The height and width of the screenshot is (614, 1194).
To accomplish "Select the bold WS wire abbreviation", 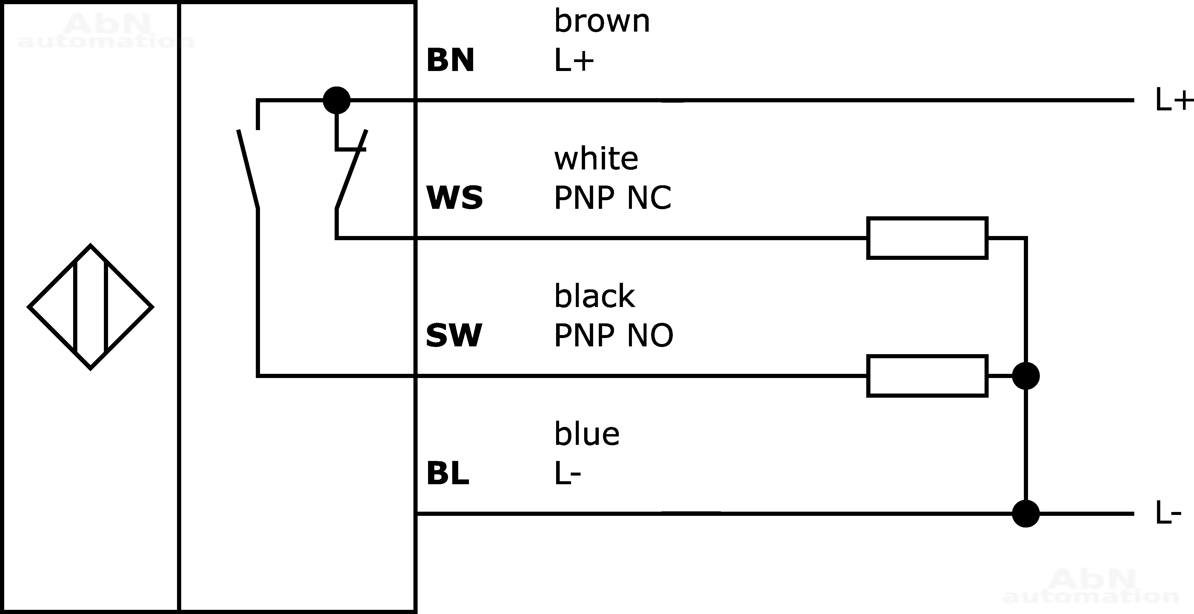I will click(454, 198).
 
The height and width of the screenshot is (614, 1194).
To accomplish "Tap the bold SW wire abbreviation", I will click(454, 336).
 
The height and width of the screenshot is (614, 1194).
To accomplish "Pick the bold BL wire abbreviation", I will click(447, 473).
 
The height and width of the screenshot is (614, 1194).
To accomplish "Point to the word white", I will click(596, 159).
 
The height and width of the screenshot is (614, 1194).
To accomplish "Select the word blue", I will click(587, 434).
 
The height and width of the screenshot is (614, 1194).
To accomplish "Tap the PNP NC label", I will click(612, 198).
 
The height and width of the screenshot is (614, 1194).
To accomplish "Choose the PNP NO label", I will click(613, 336).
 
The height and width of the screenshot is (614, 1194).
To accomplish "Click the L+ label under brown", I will click(574, 61).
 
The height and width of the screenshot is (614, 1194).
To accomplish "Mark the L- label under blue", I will click(567, 473).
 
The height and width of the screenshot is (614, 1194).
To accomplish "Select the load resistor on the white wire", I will click(927, 238).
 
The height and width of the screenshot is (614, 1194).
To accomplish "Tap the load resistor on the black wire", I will click(927, 376).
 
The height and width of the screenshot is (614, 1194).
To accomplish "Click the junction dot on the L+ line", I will click(336, 100).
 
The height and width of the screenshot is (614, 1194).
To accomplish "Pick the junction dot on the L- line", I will click(1026, 513).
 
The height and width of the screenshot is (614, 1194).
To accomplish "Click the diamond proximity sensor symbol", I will click(90, 307).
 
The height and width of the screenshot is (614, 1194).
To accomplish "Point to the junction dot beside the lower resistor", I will click(1026, 376).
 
